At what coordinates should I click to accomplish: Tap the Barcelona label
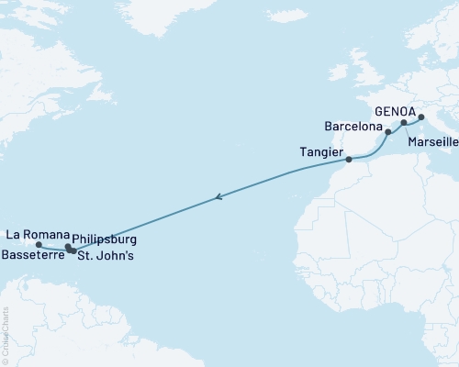click(x=353, y=124)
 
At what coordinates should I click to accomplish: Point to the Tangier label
click(x=322, y=150)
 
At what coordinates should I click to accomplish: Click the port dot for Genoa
click(x=421, y=117)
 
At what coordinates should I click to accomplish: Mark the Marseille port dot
click(x=403, y=122)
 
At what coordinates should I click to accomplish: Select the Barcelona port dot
click(x=387, y=132)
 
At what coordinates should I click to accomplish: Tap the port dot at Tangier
click(x=348, y=160)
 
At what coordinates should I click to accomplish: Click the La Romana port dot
click(x=39, y=245)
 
